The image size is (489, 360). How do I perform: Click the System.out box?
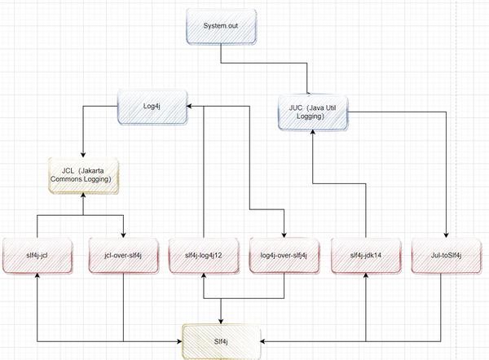tap(222, 26)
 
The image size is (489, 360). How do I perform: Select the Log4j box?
tap(152, 107)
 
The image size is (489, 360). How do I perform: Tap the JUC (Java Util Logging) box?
tap(313, 112)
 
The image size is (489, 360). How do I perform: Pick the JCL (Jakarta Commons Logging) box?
tap(83, 175)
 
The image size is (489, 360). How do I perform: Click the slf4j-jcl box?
tap(37, 256)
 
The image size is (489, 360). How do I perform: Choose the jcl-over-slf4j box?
tap(124, 256)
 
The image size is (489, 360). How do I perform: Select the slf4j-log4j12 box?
tap(204, 256)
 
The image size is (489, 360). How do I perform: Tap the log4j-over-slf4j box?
tap(284, 256)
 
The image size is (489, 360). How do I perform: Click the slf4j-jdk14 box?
tap(366, 256)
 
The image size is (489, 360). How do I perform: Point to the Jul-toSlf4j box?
tap(447, 256)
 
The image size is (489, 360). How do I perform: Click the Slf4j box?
tap(221, 341)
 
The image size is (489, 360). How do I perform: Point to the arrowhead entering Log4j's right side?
tap(189, 106)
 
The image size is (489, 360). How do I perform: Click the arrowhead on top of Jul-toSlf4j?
tap(447, 235)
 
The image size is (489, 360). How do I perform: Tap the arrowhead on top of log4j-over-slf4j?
tap(284, 235)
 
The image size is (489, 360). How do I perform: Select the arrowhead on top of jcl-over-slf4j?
tap(124, 235)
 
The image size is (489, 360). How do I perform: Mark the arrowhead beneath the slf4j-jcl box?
tap(37, 275)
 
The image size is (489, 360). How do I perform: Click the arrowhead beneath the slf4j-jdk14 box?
tap(366, 275)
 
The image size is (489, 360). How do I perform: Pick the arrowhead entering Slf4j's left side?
tap(179, 341)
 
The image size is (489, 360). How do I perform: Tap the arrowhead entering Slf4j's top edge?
tap(221, 322)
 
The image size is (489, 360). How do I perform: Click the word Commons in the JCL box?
tap(64, 179)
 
